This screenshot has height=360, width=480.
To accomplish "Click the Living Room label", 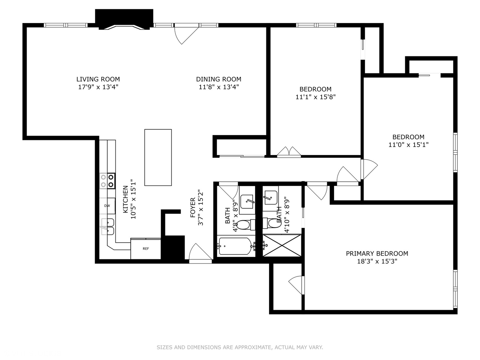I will [x=98, y=79].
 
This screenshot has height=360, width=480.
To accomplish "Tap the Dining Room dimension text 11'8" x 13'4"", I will [x=219, y=87].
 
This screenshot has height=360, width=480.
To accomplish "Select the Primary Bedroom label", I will [x=377, y=254].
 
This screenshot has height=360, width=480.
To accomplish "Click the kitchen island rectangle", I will [x=158, y=157].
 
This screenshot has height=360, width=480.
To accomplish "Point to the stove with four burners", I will [x=107, y=181].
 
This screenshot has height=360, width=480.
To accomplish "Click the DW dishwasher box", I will [x=107, y=206].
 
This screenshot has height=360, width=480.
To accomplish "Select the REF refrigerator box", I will [x=146, y=249].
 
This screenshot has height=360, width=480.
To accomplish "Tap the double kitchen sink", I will [x=107, y=227].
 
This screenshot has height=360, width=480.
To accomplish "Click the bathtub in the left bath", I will [x=235, y=246].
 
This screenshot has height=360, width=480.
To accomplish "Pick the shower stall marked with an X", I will [x=282, y=246].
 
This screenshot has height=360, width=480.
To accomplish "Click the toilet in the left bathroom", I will [x=245, y=225].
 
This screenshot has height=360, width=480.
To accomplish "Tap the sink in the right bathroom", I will [x=270, y=197].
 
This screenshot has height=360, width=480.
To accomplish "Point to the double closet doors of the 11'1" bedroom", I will [x=289, y=151].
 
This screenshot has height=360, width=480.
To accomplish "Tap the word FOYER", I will [x=193, y=208].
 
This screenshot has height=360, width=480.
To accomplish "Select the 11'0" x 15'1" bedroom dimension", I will [x=408, y=145].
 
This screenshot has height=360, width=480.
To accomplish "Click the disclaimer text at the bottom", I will [x=240, y=347].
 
